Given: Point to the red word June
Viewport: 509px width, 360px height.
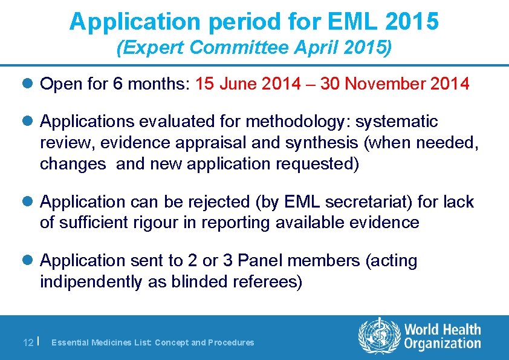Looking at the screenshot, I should pyautogui.click(x=239, y=84).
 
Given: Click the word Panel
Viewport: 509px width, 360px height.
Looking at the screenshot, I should pyautogui.click(x=260, y=261).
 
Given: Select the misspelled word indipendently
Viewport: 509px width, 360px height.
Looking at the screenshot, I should pyautogui.click(x=93, y=283).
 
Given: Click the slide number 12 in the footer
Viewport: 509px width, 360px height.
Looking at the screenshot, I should pyautogui.click(x=28, y=342).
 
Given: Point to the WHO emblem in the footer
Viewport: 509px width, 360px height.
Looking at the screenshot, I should pyautogui.click(x=380, y=336).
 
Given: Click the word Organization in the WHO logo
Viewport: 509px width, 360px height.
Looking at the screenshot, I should pyautogui.click(x=443, y=343).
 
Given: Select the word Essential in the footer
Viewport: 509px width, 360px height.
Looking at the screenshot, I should pyautogui.click(x=71, y=342).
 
